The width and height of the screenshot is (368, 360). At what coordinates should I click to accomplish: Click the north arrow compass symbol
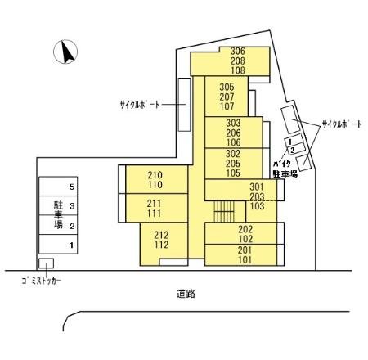coord(65,52)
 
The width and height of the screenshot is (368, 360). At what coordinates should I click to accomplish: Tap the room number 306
coord(238,51)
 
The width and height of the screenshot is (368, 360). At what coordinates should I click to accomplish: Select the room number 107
coord(227,106)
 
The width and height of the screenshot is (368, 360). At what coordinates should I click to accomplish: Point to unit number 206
coord(233,133)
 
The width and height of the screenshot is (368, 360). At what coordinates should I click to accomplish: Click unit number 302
coord(233,154)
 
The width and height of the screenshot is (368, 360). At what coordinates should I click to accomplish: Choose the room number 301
coord(257,187)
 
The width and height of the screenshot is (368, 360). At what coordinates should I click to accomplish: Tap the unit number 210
coord(155,175)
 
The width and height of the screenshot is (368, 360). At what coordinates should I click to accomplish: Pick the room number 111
coord(155,214)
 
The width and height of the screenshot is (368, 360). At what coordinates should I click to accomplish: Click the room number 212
coord(161,235)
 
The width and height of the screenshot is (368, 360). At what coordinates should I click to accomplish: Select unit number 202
coord(245,229)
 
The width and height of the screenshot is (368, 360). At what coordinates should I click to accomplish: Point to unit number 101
coord(245,259)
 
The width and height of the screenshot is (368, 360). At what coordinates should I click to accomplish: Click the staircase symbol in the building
coord(224,212)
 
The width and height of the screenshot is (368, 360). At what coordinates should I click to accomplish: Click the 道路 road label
coord(186,294)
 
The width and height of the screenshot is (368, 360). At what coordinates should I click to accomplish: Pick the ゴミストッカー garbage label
coord(42,281)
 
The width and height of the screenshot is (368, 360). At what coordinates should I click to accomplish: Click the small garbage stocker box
coord(46,263)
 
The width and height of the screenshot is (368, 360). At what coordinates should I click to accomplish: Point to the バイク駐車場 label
coord(285,169)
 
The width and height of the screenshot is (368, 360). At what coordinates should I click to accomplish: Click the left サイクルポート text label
coord(140,105)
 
